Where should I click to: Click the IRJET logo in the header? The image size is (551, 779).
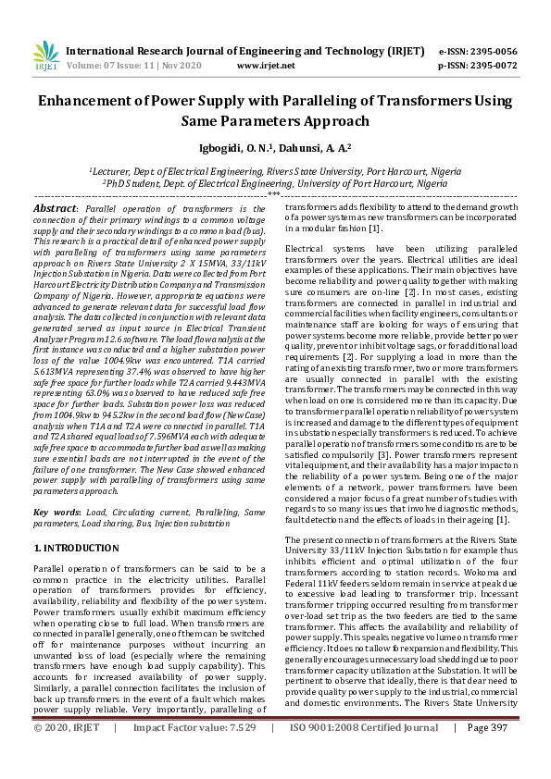click(44, 56)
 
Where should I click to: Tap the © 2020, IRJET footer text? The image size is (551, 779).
click(67, 754)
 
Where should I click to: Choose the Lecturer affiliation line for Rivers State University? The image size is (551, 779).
click(275, 170)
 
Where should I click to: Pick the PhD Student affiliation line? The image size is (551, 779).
click(275, 183)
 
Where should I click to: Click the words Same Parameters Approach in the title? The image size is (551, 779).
click(275, 120)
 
